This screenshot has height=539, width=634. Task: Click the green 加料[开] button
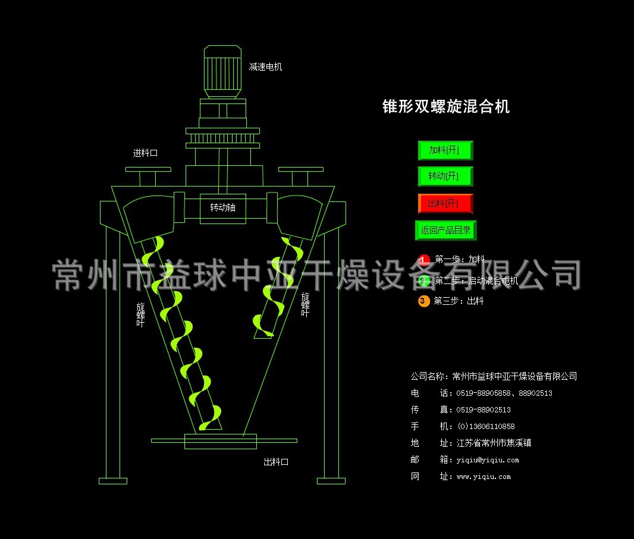(x=445, y=150)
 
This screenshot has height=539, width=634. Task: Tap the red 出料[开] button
(x=445, y=204)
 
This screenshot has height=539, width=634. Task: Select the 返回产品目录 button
(x=445, y=230)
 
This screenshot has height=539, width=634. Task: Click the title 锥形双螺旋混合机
(x=445, y=107)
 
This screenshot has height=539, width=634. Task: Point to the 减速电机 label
(x=265, y=67)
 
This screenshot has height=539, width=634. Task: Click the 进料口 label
(x=145, y=153)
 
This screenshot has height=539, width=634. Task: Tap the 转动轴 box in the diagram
(x=222, y=208)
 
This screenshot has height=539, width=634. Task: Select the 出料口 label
(x=276, y=462)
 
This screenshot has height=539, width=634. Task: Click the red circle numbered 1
(x=423, y=260)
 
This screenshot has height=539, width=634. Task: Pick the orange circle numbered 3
(x=423, y=301)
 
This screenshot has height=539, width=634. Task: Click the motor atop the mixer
(x=222, y=71)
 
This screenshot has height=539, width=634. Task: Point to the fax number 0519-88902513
(x=484, y=410)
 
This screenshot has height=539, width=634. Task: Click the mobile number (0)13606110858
(x=485, y=427)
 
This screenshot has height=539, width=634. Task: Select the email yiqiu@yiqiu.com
(x=488, y=460)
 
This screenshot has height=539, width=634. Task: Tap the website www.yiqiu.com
(x=484, y=477)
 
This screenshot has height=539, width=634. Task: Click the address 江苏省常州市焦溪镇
(x=494, y=443)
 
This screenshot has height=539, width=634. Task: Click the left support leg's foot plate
(x=112, y=481)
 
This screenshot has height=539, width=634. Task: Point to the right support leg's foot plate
(x=331, y=481)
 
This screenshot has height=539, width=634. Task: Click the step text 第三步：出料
(x=459, y=301)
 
